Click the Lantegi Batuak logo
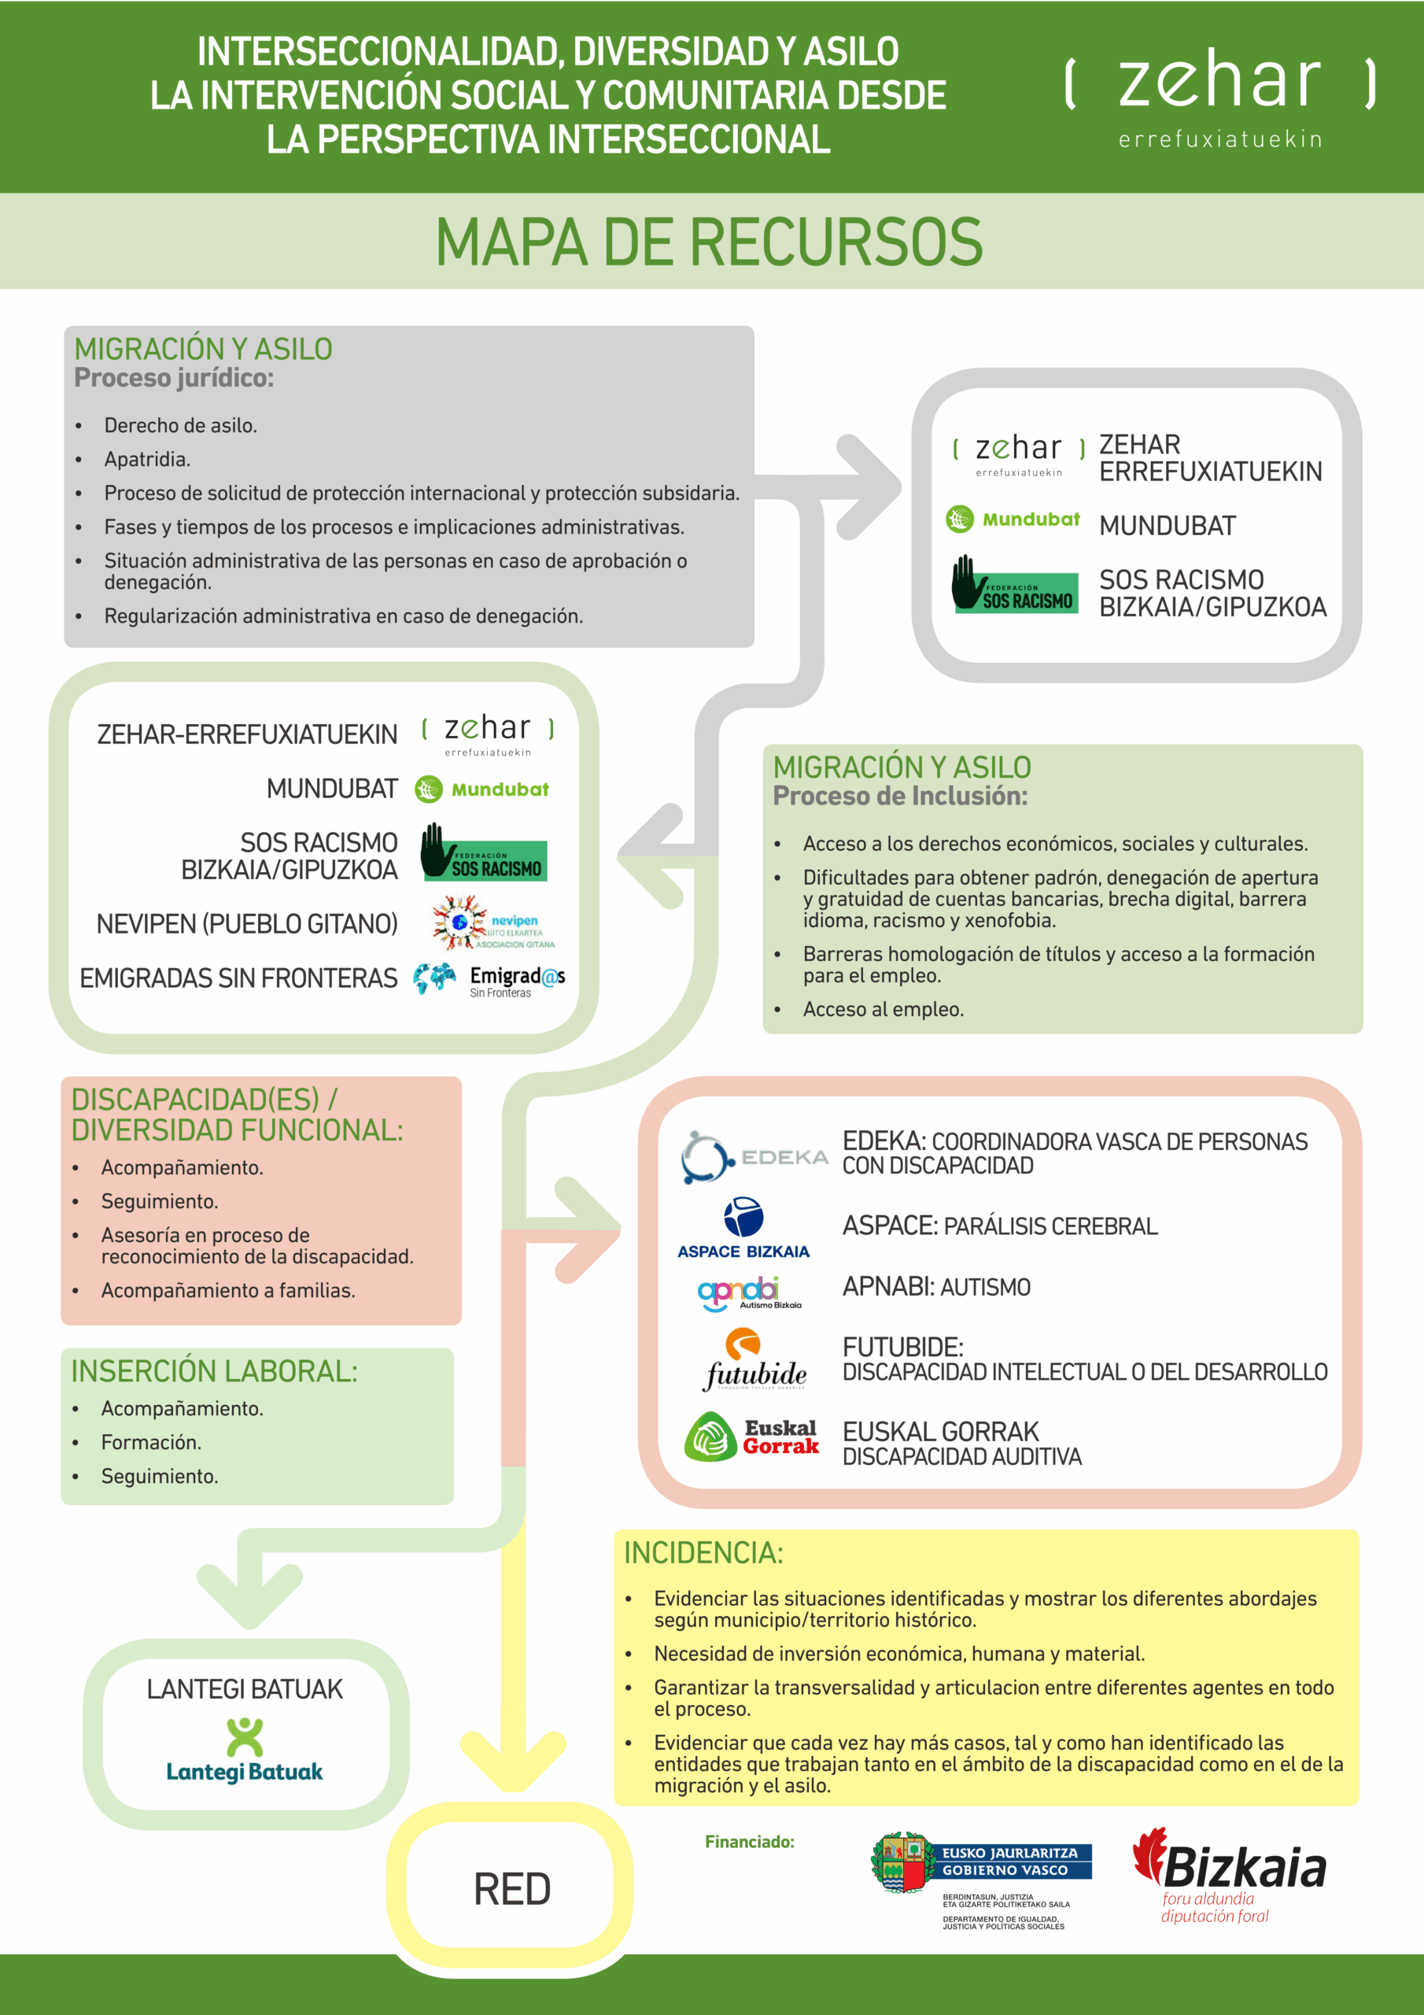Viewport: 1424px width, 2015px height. (x=245, y=1750)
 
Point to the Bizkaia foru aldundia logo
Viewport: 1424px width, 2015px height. (x=1229, y=1876)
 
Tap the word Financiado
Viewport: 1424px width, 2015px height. (x=749, y=1842)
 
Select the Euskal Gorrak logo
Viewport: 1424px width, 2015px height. (x=752, y=1436)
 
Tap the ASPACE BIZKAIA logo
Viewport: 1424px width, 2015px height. (x=743, y=1227)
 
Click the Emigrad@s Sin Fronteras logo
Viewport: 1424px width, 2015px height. (x=489, y=980)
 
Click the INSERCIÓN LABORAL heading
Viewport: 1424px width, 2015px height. (x=214, y=1371)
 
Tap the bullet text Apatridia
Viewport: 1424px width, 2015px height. (x=147, y=459)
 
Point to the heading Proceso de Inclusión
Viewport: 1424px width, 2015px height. (x=899, y=796)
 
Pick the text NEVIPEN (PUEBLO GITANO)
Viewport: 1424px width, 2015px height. (x=246, y=924)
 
